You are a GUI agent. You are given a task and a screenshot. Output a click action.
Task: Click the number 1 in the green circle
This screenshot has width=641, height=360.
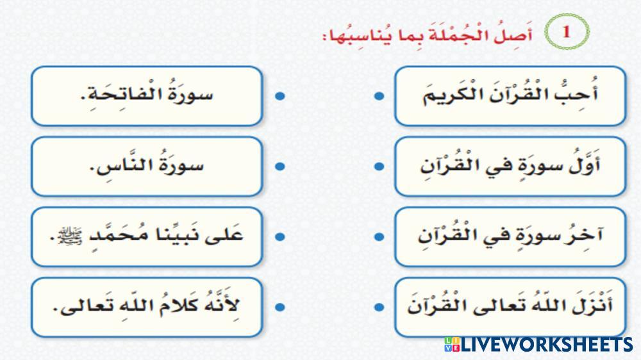[x=566, y=31]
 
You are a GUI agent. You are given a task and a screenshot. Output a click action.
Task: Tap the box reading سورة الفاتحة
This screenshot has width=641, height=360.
[x=147, y=96]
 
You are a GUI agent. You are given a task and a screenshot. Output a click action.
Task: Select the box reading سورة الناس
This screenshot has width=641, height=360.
[x=147, y=167]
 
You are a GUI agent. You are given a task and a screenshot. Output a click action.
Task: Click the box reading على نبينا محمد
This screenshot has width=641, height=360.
[x=147, y=237]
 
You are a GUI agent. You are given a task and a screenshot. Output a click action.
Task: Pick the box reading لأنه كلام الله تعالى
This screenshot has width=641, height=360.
[x=147, y=307]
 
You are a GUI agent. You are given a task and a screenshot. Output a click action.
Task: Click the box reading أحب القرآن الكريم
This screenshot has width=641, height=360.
[x=510, y=96]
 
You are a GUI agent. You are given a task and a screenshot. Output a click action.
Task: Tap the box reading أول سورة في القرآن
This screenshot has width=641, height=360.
[x=510, y=167]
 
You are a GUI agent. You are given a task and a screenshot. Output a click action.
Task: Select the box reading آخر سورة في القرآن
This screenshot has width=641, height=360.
[x=510, y=237]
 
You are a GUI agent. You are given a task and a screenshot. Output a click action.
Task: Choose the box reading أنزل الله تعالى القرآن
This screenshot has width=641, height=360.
[x=510, y=307]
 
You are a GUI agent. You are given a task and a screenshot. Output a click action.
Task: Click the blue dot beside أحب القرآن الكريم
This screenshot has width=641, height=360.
[x=379, y=96]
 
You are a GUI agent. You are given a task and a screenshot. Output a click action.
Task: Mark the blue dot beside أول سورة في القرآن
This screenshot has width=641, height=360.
[x=379, y=167]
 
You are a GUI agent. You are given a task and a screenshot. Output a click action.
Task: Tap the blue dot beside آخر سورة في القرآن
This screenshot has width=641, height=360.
[x=379, y=236]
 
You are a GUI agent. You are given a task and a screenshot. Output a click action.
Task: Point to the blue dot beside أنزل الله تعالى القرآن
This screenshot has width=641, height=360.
[x=379, y=307]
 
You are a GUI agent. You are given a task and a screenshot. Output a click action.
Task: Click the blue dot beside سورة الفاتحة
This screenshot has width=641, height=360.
[x=280, y=96]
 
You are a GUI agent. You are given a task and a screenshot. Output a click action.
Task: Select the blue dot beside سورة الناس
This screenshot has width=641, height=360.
[x=280, y=167]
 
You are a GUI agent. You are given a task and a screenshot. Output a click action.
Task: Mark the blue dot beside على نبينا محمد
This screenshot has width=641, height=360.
[x=280, y=236]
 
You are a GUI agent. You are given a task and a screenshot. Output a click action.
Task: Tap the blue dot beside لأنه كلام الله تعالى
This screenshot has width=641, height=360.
[x=280, y=307]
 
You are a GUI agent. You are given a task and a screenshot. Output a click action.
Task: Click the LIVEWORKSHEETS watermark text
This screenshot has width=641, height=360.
[x=546, y=345]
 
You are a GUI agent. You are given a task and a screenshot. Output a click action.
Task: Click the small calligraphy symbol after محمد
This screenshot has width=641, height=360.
[x=70, y=236]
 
